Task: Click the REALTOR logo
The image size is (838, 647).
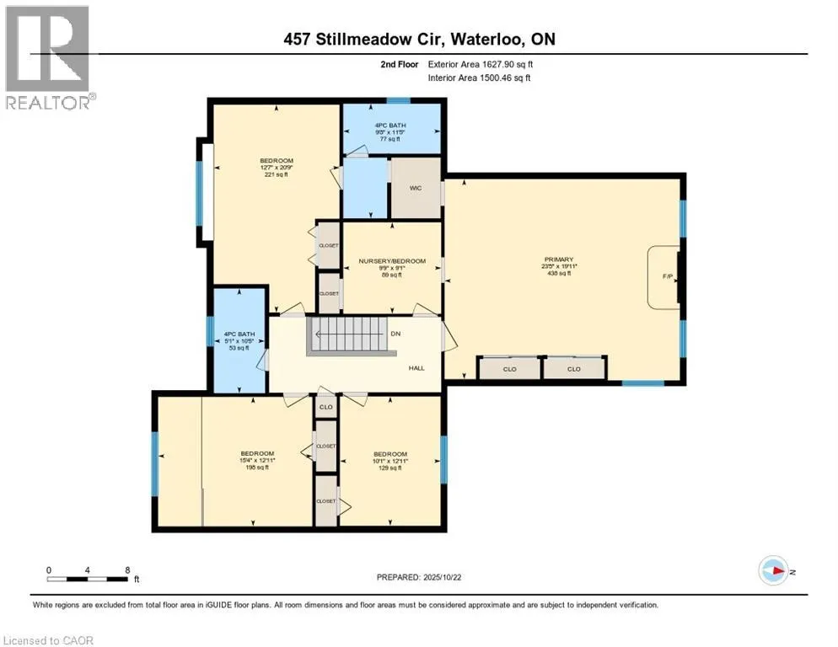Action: coord(48,57)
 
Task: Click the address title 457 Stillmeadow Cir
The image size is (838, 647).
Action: coord(418,40)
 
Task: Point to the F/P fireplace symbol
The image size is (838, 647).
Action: coord(668,276)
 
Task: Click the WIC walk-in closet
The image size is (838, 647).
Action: coord(416,189)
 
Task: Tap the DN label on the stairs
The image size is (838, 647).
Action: coord(395,334)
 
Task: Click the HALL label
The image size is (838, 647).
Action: coord(416,368)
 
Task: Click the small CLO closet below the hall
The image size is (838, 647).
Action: coord(325,407)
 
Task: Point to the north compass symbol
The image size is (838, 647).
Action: coord(773,570)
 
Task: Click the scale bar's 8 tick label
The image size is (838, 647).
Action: coord(127,570)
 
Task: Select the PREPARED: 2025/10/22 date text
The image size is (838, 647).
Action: coord(419,577)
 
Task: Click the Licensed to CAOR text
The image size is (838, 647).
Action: coord(47,640)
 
